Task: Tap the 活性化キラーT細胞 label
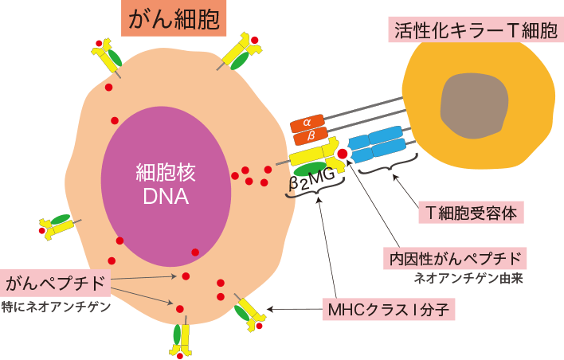(x=475, y=30)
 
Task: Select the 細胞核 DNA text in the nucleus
(x=166, y=184)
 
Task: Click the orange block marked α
(x=307, y=123)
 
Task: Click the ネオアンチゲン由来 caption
(x=468, y=280)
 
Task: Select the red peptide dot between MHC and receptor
(x=343, y=153)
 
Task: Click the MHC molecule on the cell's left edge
(x=57, y=225)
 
